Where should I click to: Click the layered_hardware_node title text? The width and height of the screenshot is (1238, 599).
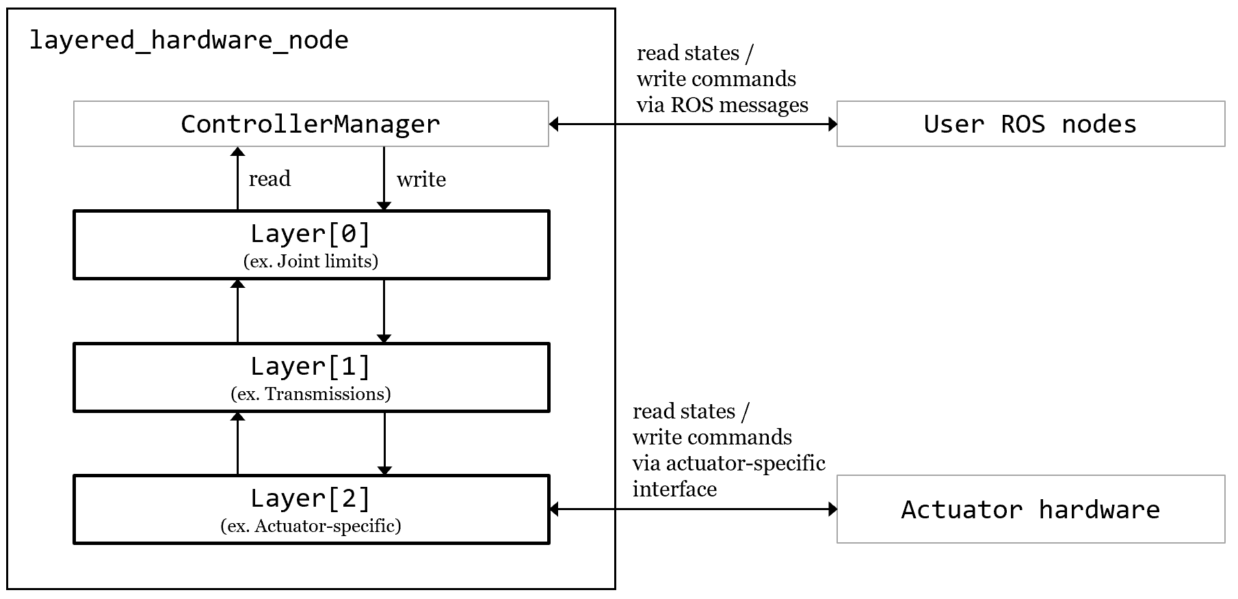tap(189, 40)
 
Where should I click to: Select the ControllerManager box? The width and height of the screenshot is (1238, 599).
tap(311, 124)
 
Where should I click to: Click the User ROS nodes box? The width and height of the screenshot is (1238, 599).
tap(1030, 124)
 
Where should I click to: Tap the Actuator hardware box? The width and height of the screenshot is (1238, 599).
tap(1030, 509)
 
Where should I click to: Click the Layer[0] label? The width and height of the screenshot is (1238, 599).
tap(311, 234)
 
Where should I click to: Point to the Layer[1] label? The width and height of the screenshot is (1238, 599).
tap(311, 367)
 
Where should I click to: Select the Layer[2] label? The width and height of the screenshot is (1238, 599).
tap(311, 498)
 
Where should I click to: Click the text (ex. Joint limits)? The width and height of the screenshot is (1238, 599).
tap(311, 261)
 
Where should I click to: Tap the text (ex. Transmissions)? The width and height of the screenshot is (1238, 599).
tap(311, 394)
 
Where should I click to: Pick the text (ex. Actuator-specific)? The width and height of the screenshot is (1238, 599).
tap(311, 526)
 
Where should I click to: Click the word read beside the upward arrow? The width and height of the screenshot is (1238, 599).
tap(269, 179)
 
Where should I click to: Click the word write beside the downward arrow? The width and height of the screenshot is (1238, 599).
tap(421, 180)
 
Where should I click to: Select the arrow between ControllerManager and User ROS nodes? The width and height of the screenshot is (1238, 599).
tap(693, 124)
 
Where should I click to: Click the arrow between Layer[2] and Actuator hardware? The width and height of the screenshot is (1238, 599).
tap(693, 509)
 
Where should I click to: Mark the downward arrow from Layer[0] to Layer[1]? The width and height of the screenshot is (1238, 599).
tap(384, 311)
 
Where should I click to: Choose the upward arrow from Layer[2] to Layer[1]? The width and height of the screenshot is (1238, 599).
tap(237, 444)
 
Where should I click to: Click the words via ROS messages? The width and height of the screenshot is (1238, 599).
tap(722, 105)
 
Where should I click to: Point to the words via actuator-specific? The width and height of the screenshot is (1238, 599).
tap(728, 464)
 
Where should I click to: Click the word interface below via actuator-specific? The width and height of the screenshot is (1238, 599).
tap(674, 490)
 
